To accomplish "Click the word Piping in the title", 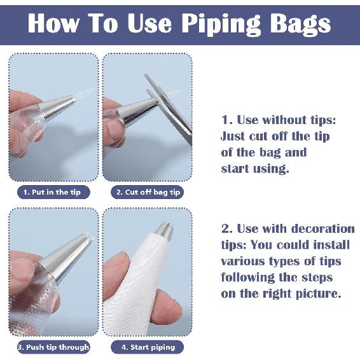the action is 221,24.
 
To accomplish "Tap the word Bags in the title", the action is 300,25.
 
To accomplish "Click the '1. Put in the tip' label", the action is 53,192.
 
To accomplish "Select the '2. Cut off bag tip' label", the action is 147,192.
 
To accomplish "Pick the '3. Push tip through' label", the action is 53,347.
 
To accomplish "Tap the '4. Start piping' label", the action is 147,347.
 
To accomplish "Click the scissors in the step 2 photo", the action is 169,108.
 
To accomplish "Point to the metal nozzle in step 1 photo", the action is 57,107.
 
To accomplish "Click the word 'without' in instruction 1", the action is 284,120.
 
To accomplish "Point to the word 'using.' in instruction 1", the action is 271,169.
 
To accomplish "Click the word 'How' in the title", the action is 54,24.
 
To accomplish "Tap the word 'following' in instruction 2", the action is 247,278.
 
